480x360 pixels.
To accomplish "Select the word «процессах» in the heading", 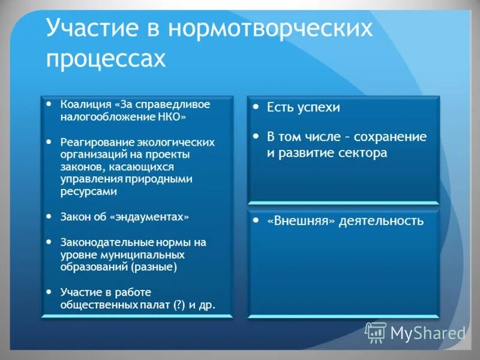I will coord(105,60).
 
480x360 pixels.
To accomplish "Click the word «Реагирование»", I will coord(93,143).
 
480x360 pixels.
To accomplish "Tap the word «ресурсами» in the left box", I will coord(88,191).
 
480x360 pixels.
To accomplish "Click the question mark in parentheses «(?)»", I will coord(178,305).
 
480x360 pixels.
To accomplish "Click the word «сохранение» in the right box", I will coord(392,137).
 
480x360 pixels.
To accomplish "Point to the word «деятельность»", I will coord(381,221).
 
